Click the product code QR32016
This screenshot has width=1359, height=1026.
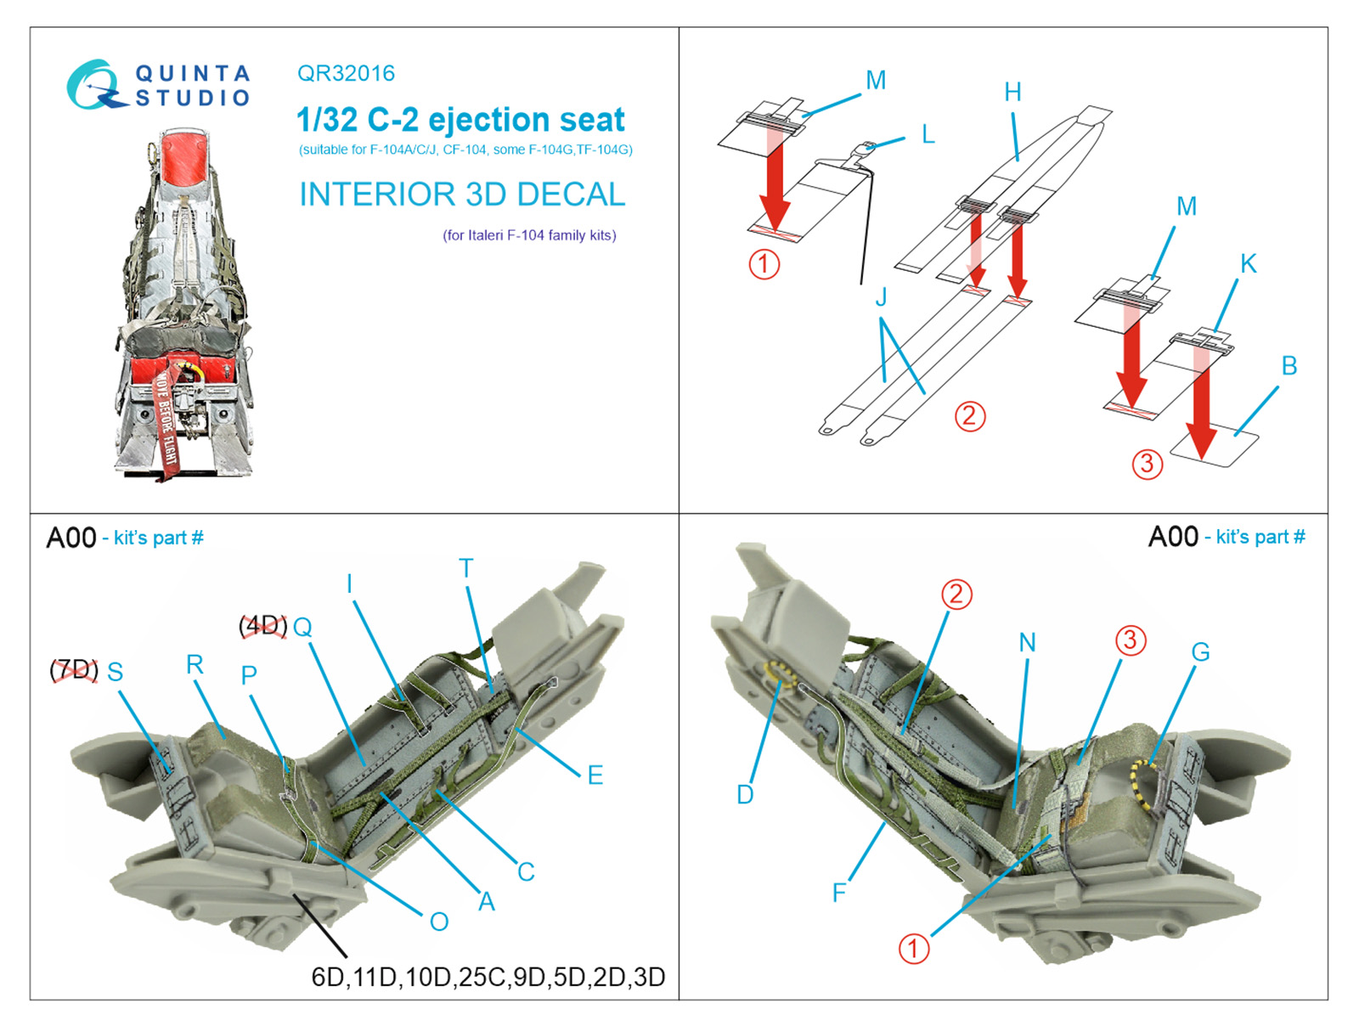346,74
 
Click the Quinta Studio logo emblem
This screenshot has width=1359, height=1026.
92,85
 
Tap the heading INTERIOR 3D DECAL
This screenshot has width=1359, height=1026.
462,194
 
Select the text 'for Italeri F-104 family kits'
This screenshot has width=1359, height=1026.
529,235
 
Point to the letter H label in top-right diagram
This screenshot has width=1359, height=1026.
1012,93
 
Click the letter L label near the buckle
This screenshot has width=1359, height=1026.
928,135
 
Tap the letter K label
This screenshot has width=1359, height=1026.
1248,264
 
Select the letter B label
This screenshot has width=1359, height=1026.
1289,366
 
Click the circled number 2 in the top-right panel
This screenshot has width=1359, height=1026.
970,416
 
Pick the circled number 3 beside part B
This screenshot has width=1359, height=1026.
1147,464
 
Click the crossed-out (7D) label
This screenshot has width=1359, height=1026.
74,670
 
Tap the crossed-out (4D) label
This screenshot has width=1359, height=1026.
262,626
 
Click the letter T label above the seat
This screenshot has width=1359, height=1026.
465,568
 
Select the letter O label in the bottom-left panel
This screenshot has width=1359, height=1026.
439,922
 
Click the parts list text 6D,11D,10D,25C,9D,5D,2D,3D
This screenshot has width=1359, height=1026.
488,977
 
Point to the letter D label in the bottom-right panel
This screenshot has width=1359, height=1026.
745,795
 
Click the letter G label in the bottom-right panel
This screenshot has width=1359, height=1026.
1200,652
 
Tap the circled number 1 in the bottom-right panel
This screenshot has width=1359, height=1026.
913,949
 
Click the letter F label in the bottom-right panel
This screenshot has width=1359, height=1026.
839,893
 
